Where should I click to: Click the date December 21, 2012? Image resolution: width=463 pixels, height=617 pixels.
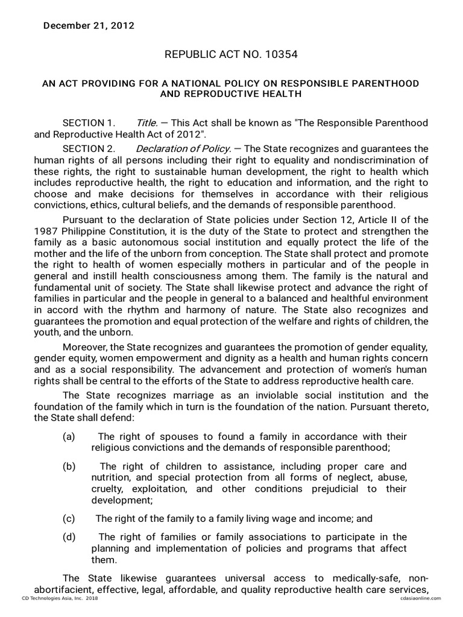[88, 26]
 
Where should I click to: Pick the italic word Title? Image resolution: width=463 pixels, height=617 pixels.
[147, 123]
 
